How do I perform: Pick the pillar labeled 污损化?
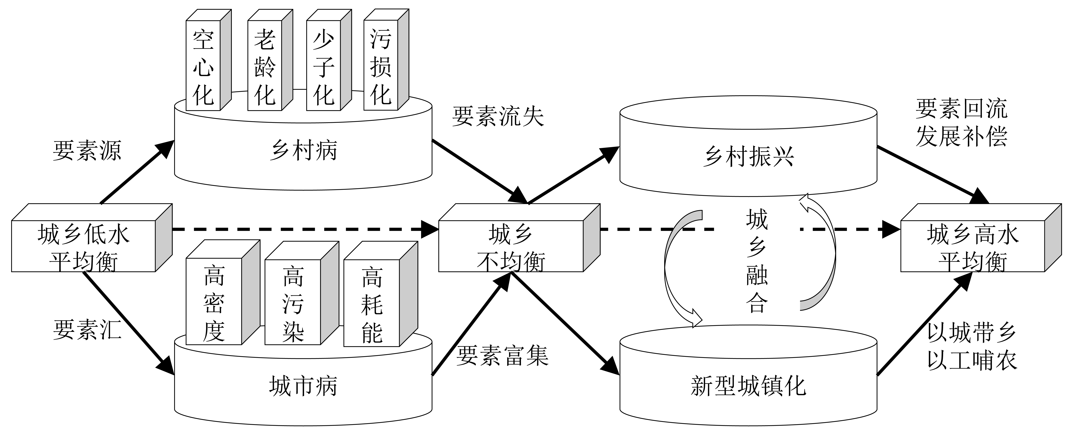coord(381,67)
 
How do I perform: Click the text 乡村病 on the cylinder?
coord(303,150)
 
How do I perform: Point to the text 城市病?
coord(303,385)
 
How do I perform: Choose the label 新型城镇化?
coord(748,385)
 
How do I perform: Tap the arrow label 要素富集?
coord(502,355)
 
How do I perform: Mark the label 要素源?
coord(87,150)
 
